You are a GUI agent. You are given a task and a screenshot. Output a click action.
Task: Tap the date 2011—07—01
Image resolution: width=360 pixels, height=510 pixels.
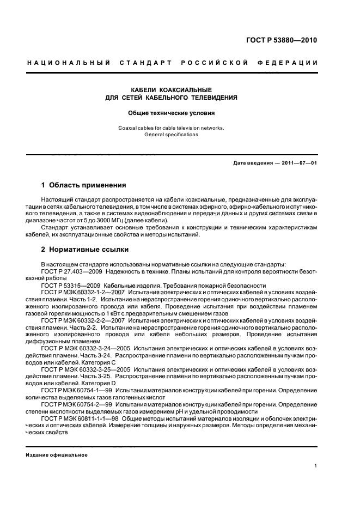click(298, 163)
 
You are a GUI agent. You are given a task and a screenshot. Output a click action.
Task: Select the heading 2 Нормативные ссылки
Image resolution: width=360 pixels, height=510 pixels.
click(85, 250)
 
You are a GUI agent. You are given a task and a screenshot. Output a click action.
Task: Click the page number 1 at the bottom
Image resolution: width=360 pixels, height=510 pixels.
click(316, 466)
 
